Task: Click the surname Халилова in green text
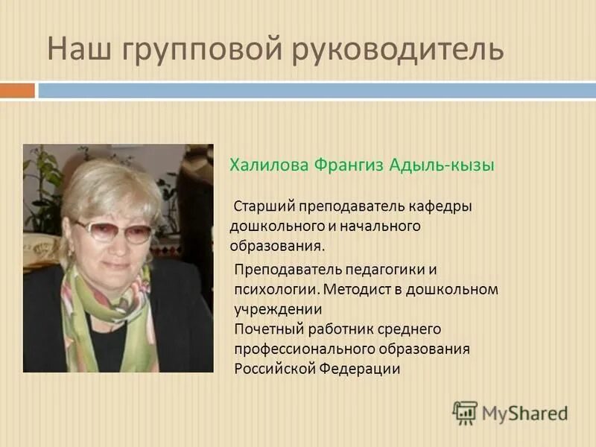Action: (270, 165)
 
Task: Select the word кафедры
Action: (442, 205)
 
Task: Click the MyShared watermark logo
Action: (510, 413)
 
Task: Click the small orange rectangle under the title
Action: (17, 90)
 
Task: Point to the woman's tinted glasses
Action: (112, 231)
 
